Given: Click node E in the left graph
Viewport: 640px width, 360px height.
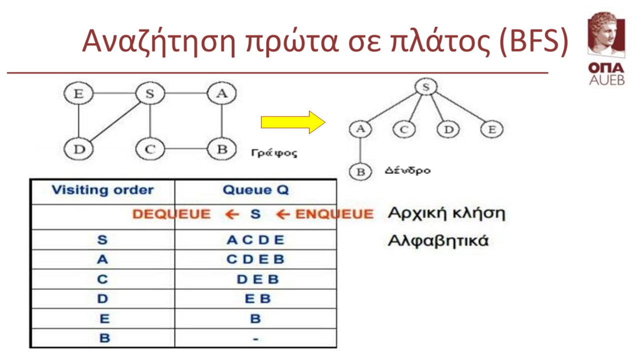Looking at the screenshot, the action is coord(78,93).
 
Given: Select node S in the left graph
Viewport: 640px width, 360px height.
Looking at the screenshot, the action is coord(150,93).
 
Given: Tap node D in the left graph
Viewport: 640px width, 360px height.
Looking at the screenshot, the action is coord(78,149).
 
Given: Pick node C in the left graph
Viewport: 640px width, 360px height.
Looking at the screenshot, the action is coord(150,149).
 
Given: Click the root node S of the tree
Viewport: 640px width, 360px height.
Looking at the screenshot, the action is coord(426,87).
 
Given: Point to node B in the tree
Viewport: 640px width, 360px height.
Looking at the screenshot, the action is coord(360,172).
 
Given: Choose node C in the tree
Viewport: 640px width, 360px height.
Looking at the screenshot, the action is coord(404,129).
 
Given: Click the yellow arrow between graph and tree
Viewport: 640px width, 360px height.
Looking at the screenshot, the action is coord(293,122).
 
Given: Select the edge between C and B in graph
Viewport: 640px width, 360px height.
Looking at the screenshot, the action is coord(186,148).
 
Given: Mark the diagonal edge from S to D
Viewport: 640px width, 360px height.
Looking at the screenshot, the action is coord(115,122).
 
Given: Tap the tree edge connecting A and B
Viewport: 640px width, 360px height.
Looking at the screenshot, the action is coord(360,150).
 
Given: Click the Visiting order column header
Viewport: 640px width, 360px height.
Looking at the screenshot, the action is coord(102,190).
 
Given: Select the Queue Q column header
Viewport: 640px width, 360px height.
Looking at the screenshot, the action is coord(255,189).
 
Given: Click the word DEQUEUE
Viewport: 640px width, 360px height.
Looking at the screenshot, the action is coord(171,214).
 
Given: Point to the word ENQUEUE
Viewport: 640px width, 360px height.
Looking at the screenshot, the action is coord(334,214).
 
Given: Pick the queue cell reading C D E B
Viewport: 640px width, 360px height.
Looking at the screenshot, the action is coord(255,259).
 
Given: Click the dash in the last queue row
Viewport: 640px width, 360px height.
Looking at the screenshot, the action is coord(255,339).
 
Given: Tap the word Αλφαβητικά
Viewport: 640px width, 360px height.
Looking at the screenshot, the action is coord(438,241).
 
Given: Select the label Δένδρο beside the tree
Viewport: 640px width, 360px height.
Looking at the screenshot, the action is coord(407,170).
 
